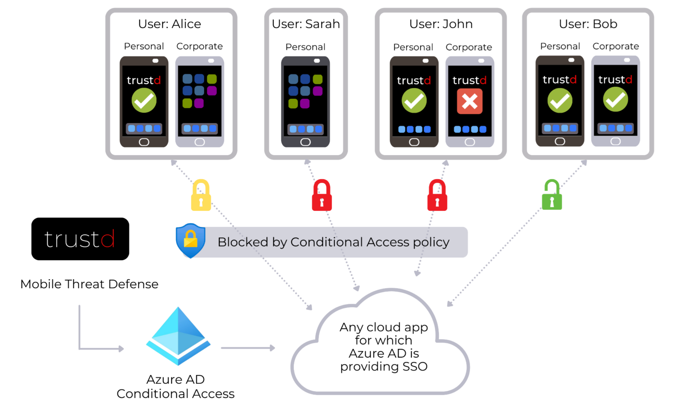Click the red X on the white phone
point(470,101)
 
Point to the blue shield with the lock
point(190,241)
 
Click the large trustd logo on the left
point(80,240)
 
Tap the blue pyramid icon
point(178,336)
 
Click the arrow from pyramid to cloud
point(248,348)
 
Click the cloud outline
point(381,342)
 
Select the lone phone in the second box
point(305,101)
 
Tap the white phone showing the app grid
point(200,101)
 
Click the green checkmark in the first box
point(144,100)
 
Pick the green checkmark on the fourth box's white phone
point(615,100)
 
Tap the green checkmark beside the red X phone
point(414,100)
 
